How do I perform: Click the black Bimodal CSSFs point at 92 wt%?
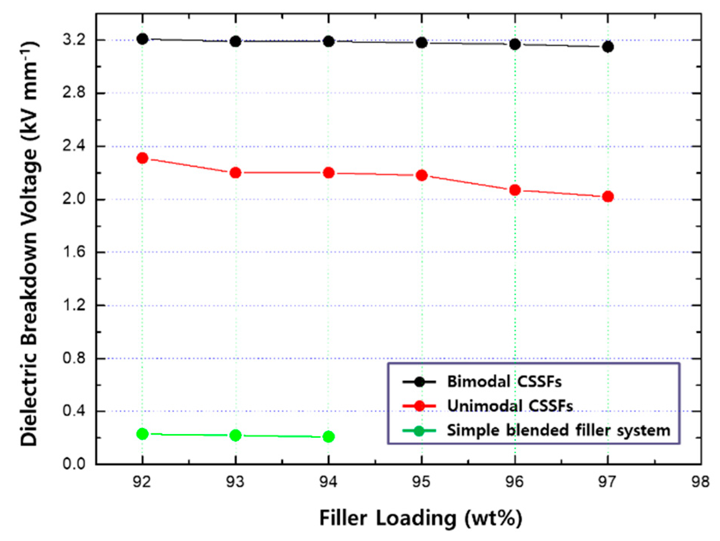pos(142,39)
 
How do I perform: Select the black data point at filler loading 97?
pos(608,47)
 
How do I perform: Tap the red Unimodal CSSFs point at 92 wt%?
pos(142,158)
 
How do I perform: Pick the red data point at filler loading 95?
pos(421,175)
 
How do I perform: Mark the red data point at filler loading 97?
pos(608,197)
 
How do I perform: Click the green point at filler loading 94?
pos(329,436)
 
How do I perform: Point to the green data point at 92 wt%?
pos(142,434)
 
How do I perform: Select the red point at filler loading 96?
pos(515,190)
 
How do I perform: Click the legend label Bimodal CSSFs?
pos(504,382)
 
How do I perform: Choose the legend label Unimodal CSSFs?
pos(510,406)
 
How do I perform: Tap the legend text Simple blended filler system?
pos(558,430)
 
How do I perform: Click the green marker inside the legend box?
pos(419,431)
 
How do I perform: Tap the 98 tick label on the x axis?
pos(700,482)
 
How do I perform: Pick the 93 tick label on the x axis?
pos(236,482)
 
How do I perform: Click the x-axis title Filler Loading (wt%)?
pos(421,518)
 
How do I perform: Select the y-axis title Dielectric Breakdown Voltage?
pos(30,243)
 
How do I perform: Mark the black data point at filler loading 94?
pos(329,41)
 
